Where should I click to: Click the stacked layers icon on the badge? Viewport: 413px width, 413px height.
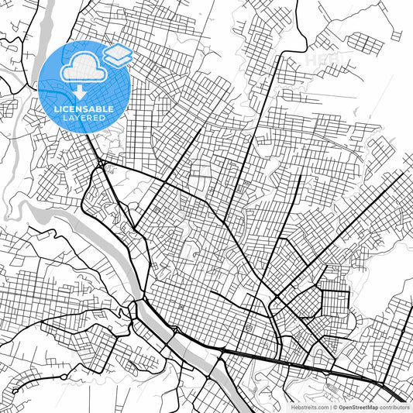[117, 54]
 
